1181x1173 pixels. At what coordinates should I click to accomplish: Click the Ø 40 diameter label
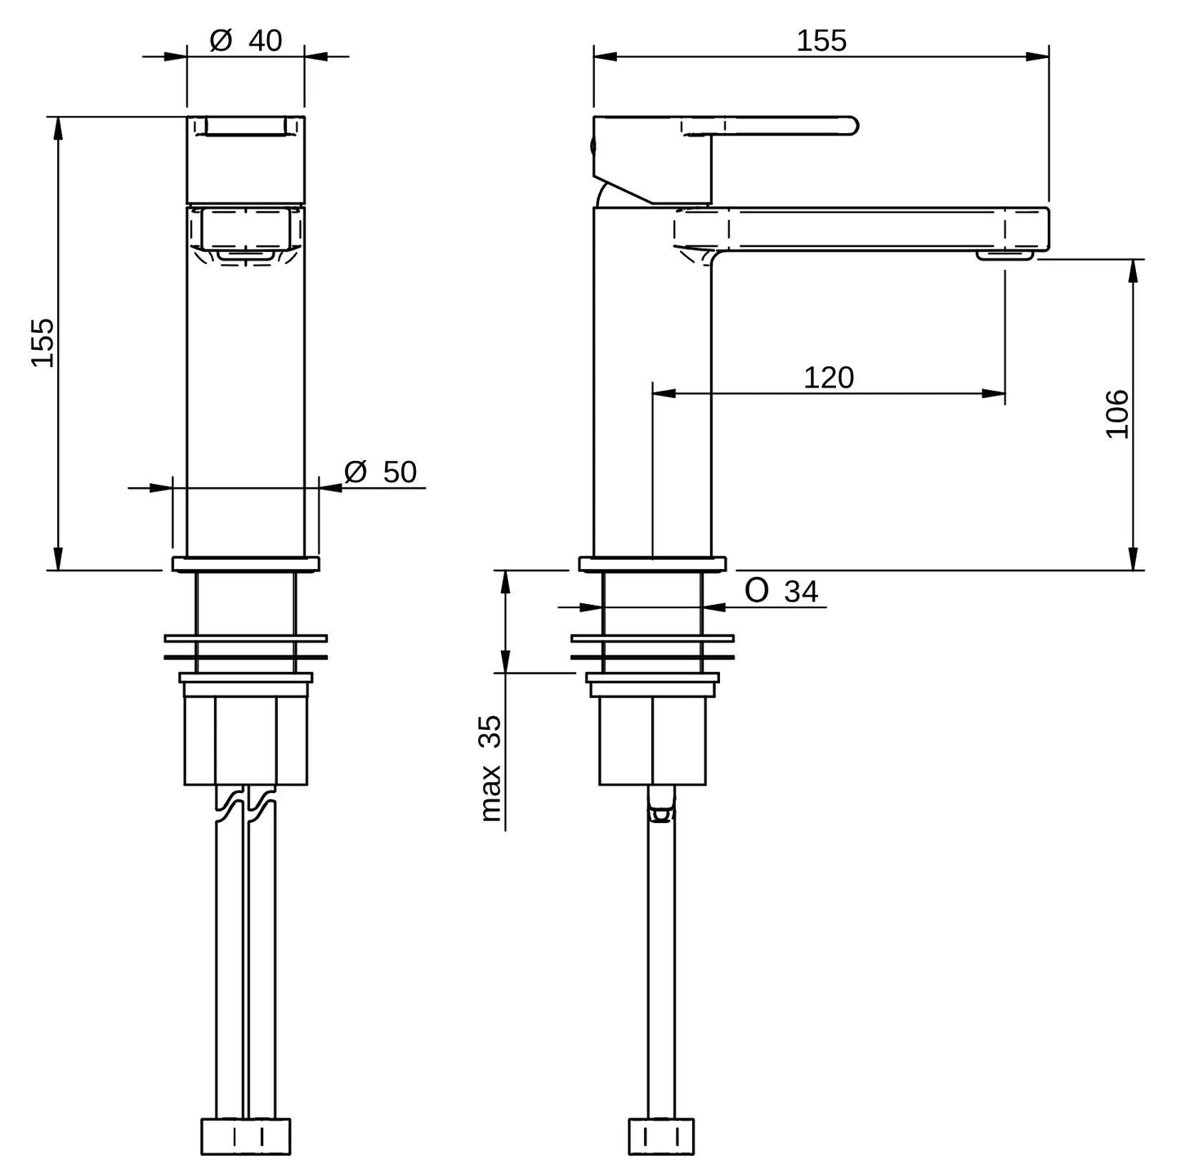[x=246, y=41]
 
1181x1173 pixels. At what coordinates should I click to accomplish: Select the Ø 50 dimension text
[x=381, y=472]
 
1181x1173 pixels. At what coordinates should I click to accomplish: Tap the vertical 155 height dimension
[x=42, y=342]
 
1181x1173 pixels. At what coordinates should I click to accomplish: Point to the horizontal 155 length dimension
[x=821, y=41]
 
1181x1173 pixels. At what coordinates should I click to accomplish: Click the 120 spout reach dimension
[x=829, y=378]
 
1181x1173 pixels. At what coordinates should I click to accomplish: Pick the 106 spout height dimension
[x=1117, y=414]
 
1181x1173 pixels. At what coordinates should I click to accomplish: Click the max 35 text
[x=490, y=768]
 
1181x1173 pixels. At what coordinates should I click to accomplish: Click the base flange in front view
[x=245, y=563]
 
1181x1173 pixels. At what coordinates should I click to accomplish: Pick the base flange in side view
[x=652, y=563]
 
